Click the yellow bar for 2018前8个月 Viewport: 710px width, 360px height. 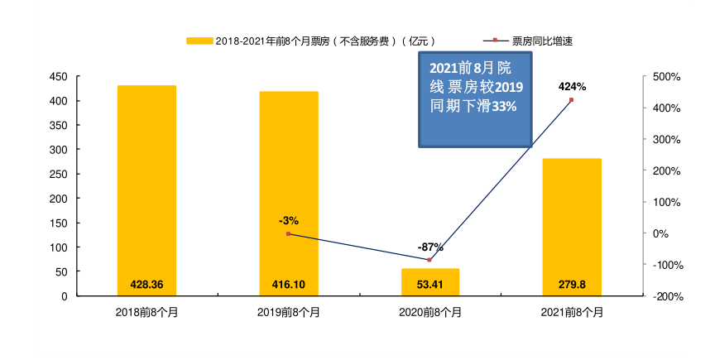click(x=146, y=190)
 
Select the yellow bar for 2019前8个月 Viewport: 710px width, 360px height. click(x=288, y=194)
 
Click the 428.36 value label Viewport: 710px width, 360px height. click(x=147, y=285)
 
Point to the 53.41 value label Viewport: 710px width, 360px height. click(x=430, y=285)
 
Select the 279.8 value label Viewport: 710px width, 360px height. click(x=572, y=285)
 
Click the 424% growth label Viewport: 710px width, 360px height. click(x=573, y=86)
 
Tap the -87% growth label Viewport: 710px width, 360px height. click(x=430, y=247)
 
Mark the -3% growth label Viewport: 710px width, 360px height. click(x=289, y=220)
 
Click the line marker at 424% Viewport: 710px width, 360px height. click(x=572, y=100)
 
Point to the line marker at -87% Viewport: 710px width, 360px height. click(x=429, y=260)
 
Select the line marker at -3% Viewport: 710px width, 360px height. click(x=288, y=234)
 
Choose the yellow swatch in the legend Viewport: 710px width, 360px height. click(x=199, y=41)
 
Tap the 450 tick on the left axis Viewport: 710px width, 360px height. click(x=59, y=77)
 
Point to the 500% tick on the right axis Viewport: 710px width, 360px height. click(x=666, y=77)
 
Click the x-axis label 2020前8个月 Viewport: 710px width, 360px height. click(x=430, y=313)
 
